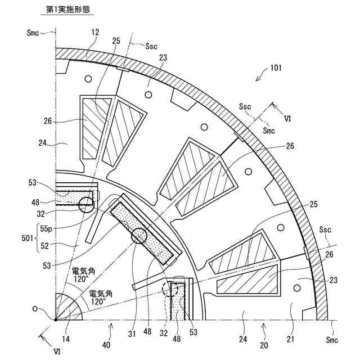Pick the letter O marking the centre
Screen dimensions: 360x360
[x=36, y=309]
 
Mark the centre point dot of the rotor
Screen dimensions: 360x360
[x=55, y=321]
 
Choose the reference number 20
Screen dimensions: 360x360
[x=263, y=345]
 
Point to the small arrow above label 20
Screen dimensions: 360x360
[x=263, y=325]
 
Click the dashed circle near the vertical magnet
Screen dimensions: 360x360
[x=169, y=290]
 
